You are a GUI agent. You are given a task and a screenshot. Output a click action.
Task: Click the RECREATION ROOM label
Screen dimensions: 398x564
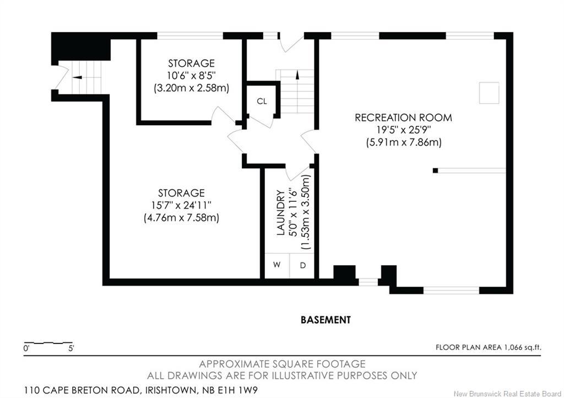(403, 117)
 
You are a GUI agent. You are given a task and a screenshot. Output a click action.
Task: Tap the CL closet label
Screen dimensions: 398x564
(262, 101)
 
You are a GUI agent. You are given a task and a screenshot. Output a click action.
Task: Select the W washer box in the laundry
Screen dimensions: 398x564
(277, 265)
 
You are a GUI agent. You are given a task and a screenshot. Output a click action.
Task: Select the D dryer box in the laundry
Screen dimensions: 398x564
(302, 265)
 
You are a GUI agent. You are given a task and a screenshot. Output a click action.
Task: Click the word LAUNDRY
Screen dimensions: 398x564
(280, 213)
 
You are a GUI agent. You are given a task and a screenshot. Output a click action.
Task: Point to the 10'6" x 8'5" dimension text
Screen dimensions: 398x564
(191, 76)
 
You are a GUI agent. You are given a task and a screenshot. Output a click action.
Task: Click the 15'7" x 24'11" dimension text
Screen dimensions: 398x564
(181, 205)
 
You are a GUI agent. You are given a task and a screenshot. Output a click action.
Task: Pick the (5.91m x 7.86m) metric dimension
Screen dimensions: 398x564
(403, 142)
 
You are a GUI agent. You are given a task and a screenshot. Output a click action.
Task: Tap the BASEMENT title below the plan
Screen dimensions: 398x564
(326, 319)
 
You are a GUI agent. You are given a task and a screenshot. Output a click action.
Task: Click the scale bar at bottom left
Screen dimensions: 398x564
(48, 343)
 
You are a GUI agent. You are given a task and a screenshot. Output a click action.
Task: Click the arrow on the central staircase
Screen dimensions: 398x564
(297, 75)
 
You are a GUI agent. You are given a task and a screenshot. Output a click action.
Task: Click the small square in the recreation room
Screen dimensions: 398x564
(488, 93)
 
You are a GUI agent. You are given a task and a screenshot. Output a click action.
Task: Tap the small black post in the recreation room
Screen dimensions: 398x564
(435, 170)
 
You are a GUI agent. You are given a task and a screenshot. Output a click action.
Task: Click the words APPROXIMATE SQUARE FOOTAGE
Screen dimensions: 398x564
(282, 364)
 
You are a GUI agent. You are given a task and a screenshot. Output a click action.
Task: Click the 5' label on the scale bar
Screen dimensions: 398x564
(70, 348)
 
